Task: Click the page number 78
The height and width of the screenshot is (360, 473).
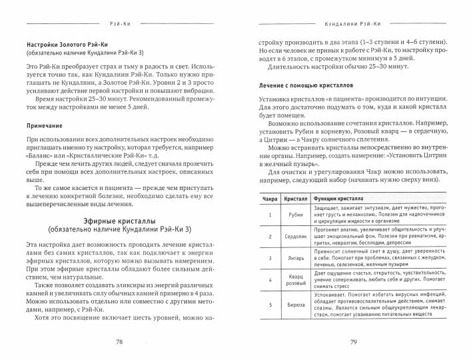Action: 120,342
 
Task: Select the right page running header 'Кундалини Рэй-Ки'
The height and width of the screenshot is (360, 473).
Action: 353,22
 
